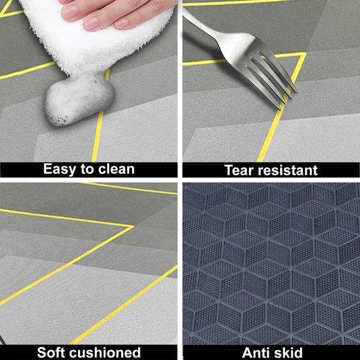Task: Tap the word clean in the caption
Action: pos(116,169)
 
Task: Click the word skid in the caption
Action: pos(290,352)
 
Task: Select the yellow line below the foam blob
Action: pos(97,141)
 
